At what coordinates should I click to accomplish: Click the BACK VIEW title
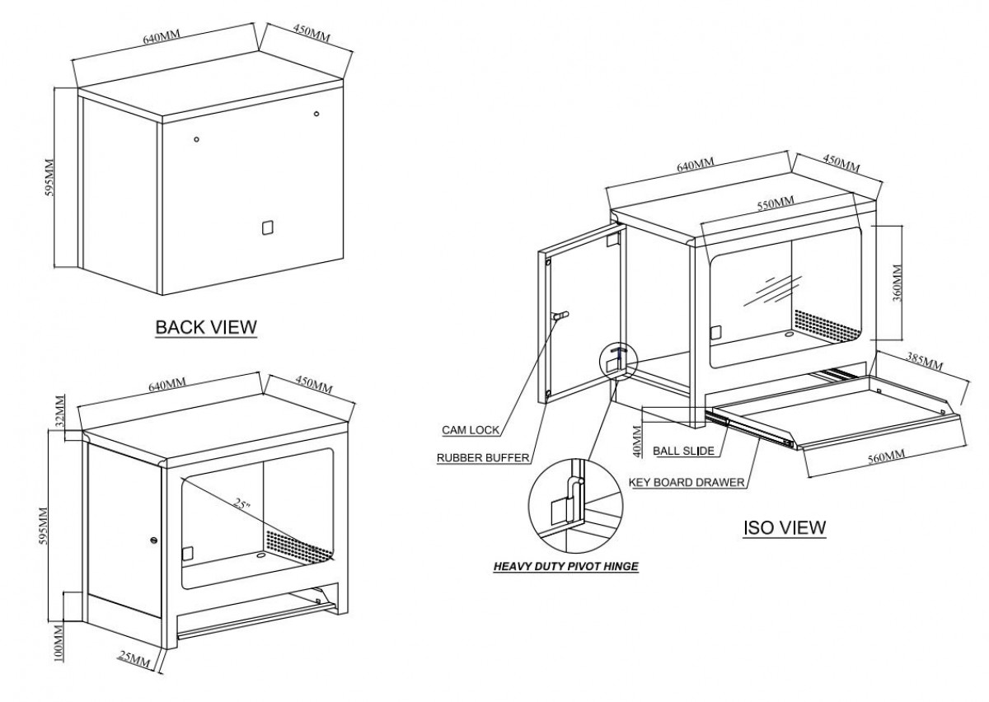pos(206,327)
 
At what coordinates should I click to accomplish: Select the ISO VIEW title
pos(784,526)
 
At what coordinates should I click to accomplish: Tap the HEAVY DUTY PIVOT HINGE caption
pos(565,567)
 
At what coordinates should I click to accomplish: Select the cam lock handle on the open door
pos(560,316)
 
